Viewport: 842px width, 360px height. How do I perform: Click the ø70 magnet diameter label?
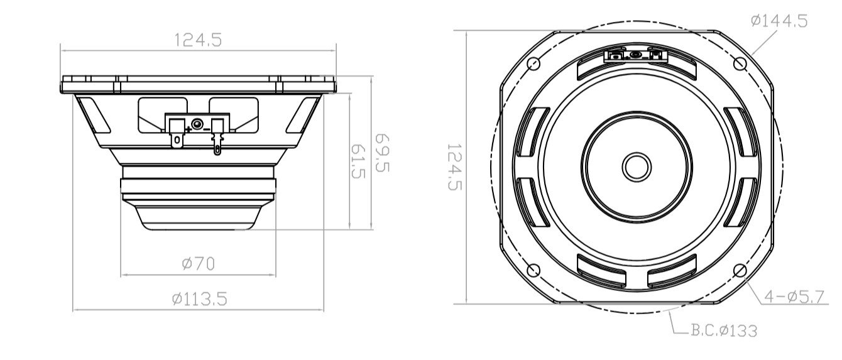coord(198,264)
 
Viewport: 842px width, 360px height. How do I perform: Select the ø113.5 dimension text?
coord(199,299)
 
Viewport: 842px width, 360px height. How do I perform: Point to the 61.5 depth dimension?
coord(358,161)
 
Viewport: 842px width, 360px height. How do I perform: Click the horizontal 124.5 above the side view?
coord(198,40)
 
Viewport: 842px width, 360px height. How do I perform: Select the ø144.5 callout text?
coord(779,21)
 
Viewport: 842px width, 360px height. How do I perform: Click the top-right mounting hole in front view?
coord(740,63)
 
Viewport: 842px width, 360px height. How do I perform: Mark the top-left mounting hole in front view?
coord(533,63)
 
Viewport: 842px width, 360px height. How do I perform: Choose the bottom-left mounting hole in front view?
coord(533,270)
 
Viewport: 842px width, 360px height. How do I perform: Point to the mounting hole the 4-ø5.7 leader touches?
coord(740,270)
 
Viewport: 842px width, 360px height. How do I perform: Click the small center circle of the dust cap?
coord(636,166)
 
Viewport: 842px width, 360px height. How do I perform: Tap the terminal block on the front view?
coord(635,55)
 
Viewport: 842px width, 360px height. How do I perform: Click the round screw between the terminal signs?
coord(197,124)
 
